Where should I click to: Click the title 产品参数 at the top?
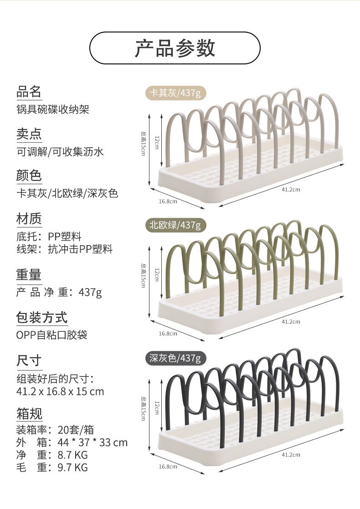click(x=175, y=48)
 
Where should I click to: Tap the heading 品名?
click(x=29, y=92)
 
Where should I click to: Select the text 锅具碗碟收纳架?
click(x=53, y=109)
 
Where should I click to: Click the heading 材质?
click(x=29, y=219)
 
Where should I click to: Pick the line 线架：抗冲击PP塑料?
click(x=64, y=249)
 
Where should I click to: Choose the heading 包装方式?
click(x=42, y=317)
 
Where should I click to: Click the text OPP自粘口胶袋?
click(x=51, y=335)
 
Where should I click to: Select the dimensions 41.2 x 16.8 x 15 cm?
click(x=60, y=391)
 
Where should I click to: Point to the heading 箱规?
click(x=29, y=414)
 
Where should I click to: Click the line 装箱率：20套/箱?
click(x=55, y=429)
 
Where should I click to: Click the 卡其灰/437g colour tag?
click(x=175, y=93)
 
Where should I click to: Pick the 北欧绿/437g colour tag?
click(x=175, y=225)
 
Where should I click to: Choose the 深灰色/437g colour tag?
click(x=175, y=358)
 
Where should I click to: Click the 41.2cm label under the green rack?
click(x=291, y=322)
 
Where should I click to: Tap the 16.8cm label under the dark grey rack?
click(x=168, y=467)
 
